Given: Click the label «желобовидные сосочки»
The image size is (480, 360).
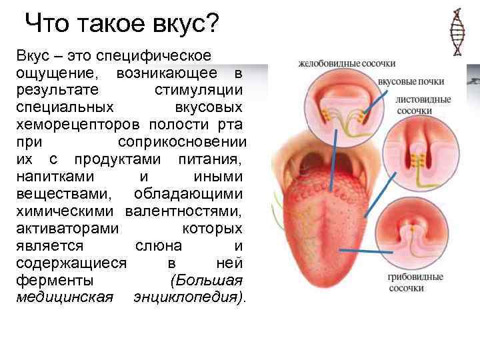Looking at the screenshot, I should tap(347, 64).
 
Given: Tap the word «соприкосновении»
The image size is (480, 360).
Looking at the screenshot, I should tap(181, 142).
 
